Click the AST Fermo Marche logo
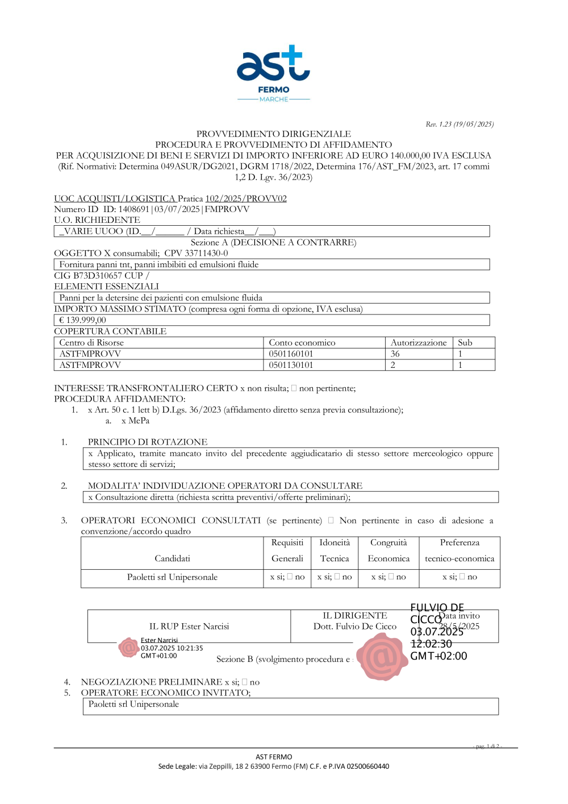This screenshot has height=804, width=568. point(273,73)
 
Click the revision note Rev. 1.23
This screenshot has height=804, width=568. point(460,124)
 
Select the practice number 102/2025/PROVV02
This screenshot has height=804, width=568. point(246,198)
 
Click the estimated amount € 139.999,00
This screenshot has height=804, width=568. point(82,320)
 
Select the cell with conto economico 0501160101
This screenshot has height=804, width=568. point(291,354)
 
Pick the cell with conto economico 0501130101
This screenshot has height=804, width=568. point(291,365)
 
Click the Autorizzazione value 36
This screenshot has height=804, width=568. point(395,354)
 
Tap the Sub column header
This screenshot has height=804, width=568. point(465,342)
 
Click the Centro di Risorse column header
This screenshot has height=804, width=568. point(91,342)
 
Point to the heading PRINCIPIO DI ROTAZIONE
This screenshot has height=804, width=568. point(148,442)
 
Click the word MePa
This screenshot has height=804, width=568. point(139,421)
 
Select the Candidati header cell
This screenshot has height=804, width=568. point(172,558)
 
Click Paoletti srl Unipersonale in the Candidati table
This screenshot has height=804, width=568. point(172,577)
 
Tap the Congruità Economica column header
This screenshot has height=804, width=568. point(389,550)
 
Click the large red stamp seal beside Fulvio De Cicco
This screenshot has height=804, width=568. point(382,657)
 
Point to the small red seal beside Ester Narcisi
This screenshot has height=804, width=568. point(129,647)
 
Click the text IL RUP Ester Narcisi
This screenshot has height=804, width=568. point(189,626)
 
